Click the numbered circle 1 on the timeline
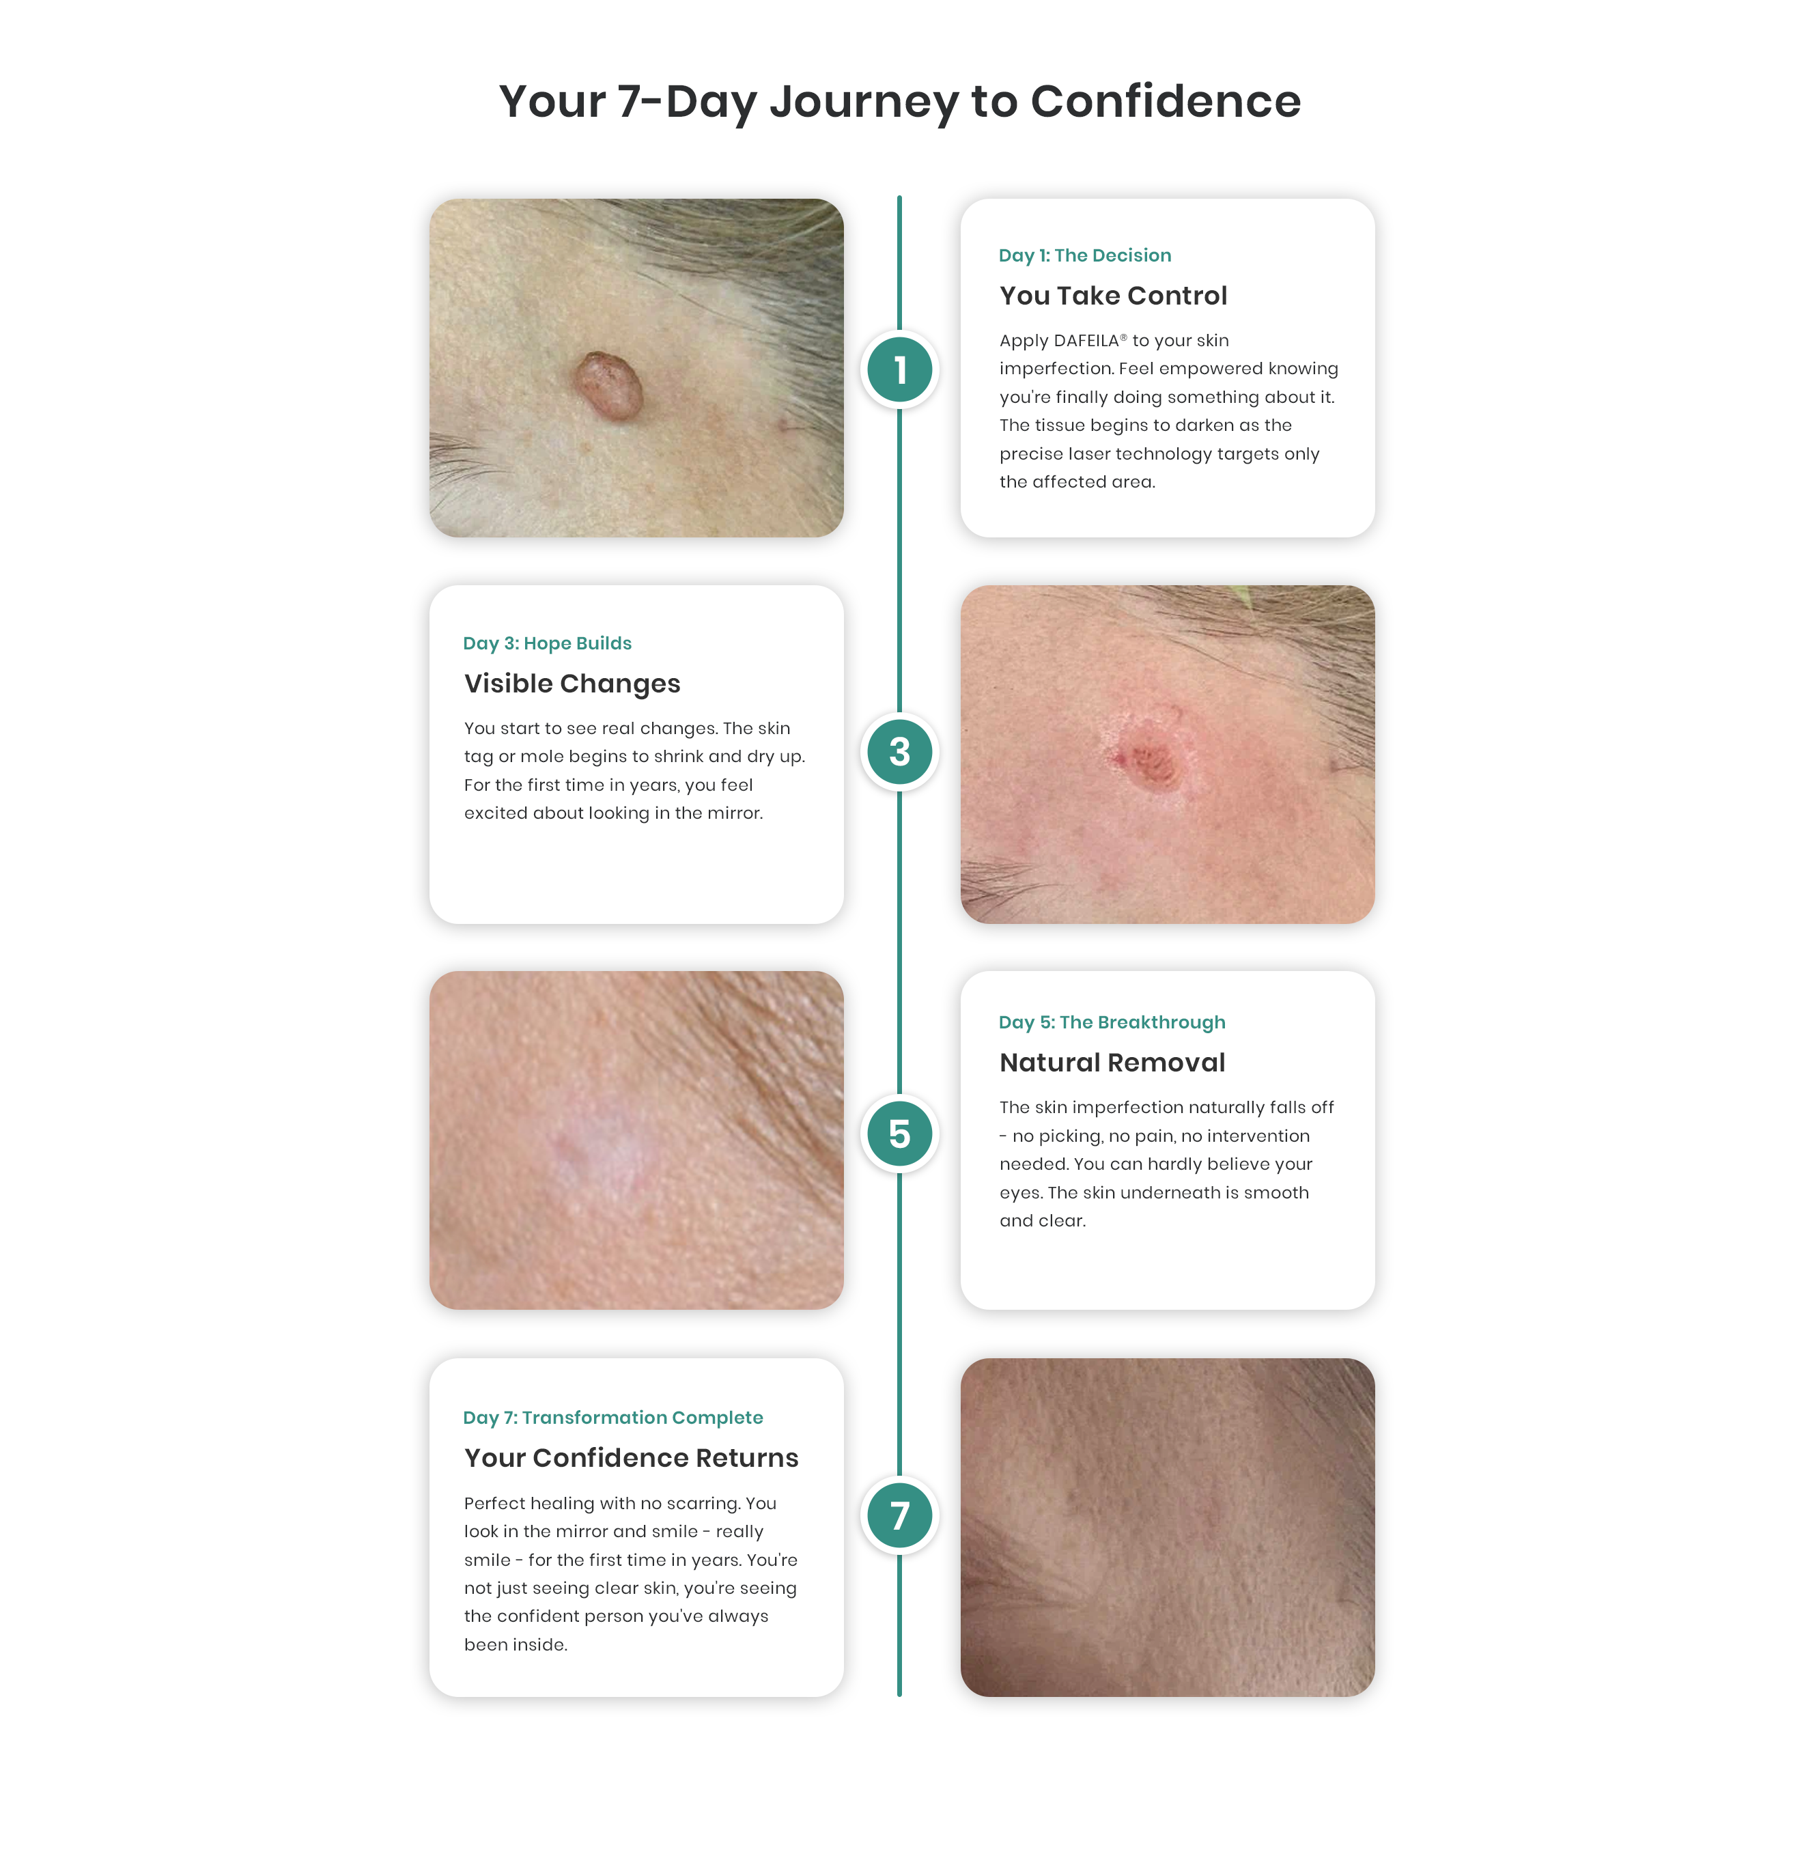point(899,369)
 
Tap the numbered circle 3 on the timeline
point(899,752)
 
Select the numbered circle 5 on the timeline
point(899,1134)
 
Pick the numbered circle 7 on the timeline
point(899,1515)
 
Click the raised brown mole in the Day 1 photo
point(608,386)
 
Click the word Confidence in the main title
point(1165,101)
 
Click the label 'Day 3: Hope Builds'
point(548,643)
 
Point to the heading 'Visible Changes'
point(572,684)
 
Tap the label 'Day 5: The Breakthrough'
point(1112,1022)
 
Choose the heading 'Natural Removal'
point(1112,1062)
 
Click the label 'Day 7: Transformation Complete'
point(613,1418)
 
